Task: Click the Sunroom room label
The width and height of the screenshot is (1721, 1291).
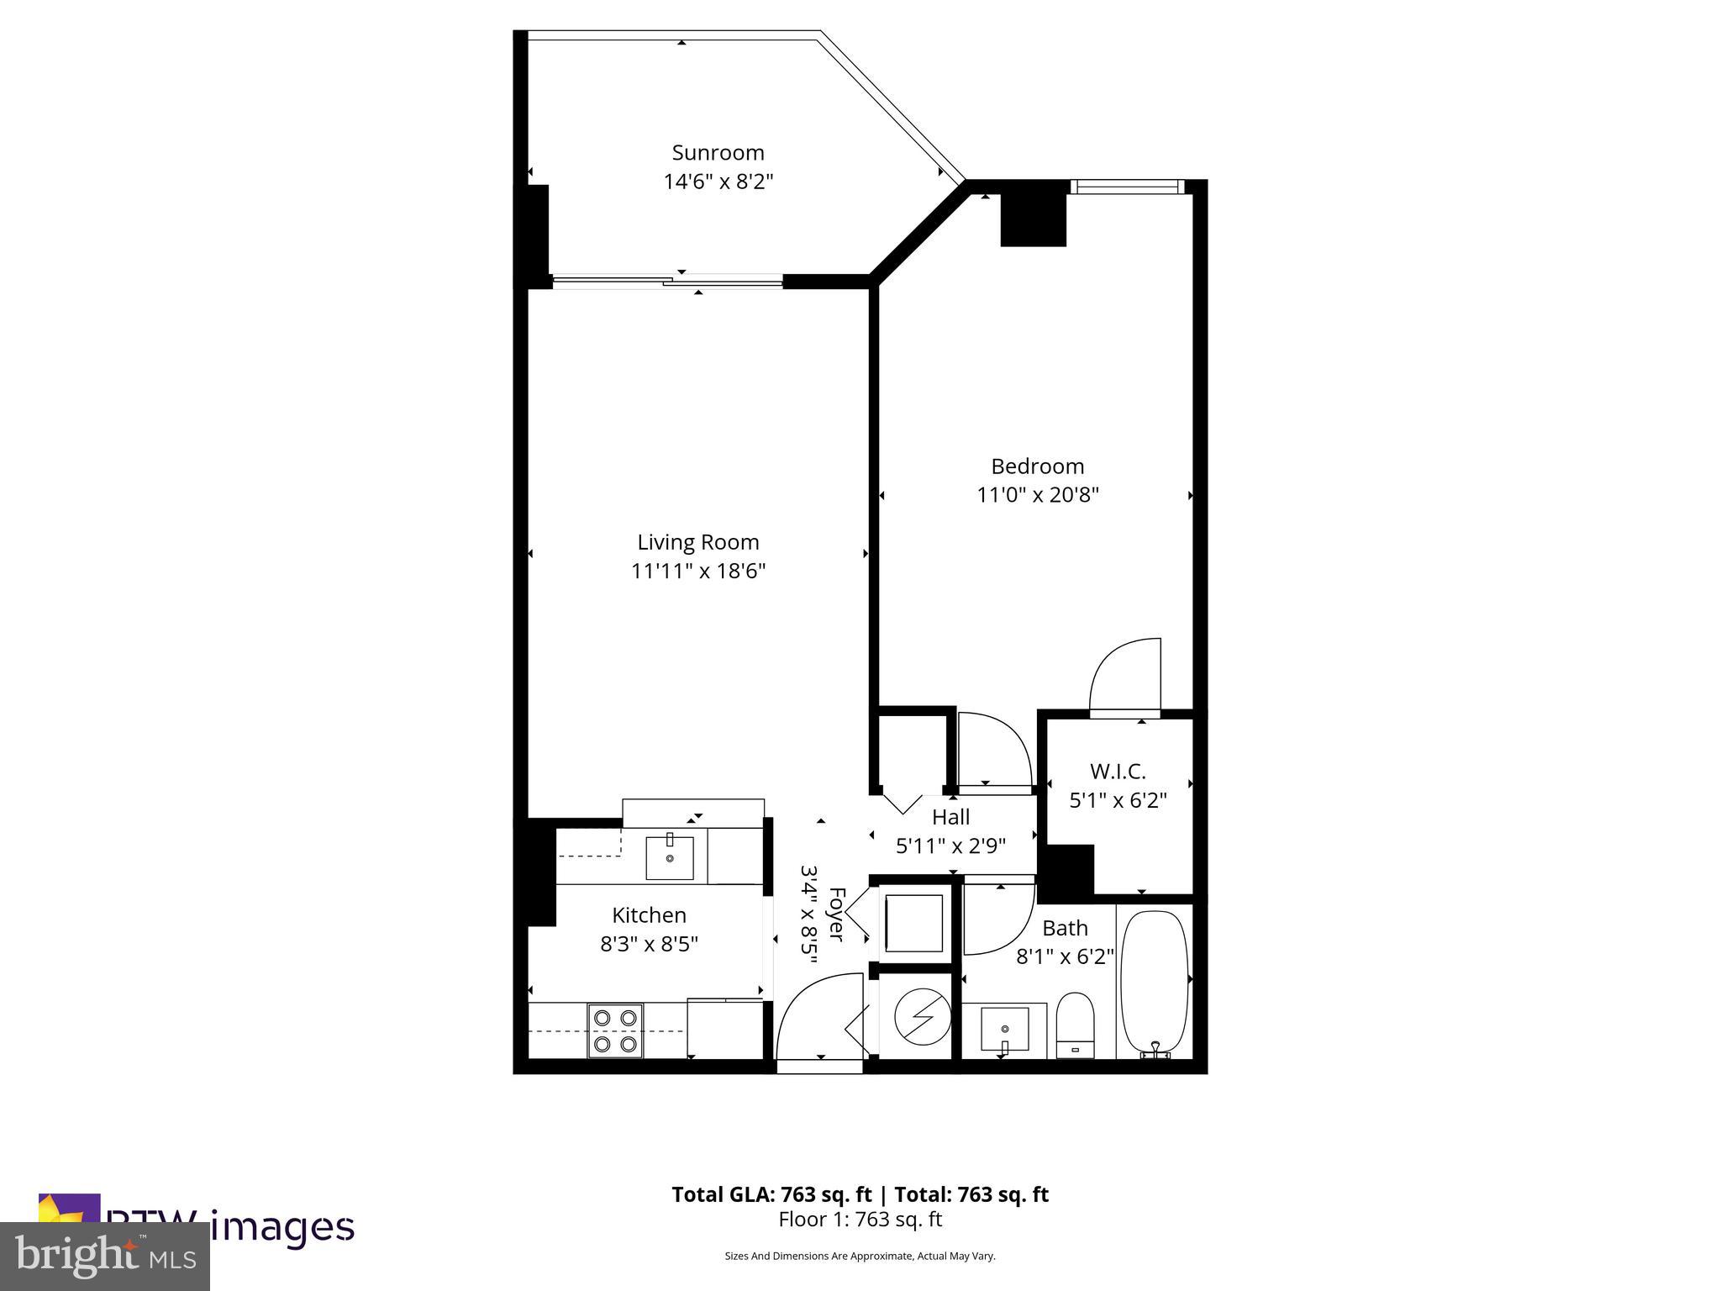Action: click(x=718, y=153)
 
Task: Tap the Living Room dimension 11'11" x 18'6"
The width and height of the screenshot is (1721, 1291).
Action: click(x=698, y=572)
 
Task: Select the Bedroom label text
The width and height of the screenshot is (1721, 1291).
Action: click(x=1037, y=466)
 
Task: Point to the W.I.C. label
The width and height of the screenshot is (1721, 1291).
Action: click(x=1117, y=771)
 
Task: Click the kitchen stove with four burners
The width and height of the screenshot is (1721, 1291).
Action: click(x=615, y=1030)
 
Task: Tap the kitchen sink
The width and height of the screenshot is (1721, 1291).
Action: click(x=670, y=857)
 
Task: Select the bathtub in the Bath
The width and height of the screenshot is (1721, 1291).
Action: click(x=1155, y=981)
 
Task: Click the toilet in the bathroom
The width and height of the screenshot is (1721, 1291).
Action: click(x=1075, y=1025)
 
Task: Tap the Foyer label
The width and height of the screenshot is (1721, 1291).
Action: click(x=835, y=914)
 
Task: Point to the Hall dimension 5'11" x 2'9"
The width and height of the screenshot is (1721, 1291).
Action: click(x=950, y=846)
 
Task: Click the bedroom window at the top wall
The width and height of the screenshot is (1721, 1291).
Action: click(x=1125, y=187)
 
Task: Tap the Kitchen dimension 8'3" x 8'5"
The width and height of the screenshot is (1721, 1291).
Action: click(x=649, y=945)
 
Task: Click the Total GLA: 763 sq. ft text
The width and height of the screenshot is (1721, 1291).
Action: click(x=771, y=1194)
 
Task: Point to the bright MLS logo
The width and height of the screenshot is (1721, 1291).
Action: click(x=105, y=1256)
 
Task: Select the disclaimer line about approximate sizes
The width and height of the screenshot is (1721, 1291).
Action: click(x=860, y=1256)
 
